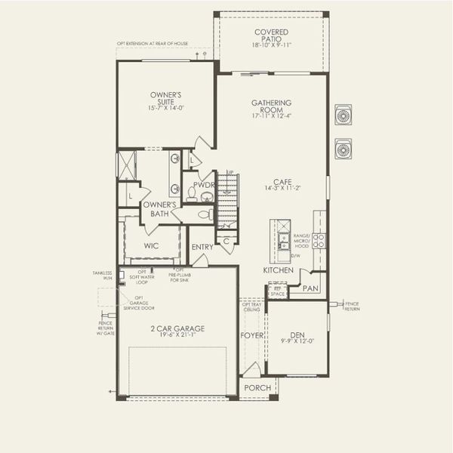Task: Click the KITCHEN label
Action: tap(278, 270)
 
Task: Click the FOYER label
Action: tap(252, 335)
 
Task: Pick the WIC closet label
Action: tap(152, 246)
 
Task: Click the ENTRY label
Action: tap(202, 247)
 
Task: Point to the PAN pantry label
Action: tap(310, 288)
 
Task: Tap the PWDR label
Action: tap(204, 184)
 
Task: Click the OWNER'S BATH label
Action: tap(159, 209)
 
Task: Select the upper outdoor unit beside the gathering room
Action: tap(344, 116)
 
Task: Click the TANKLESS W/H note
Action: tap(102, 275)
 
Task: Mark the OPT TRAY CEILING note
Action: tap(251, 306)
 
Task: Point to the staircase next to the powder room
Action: tap(228, 199)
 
